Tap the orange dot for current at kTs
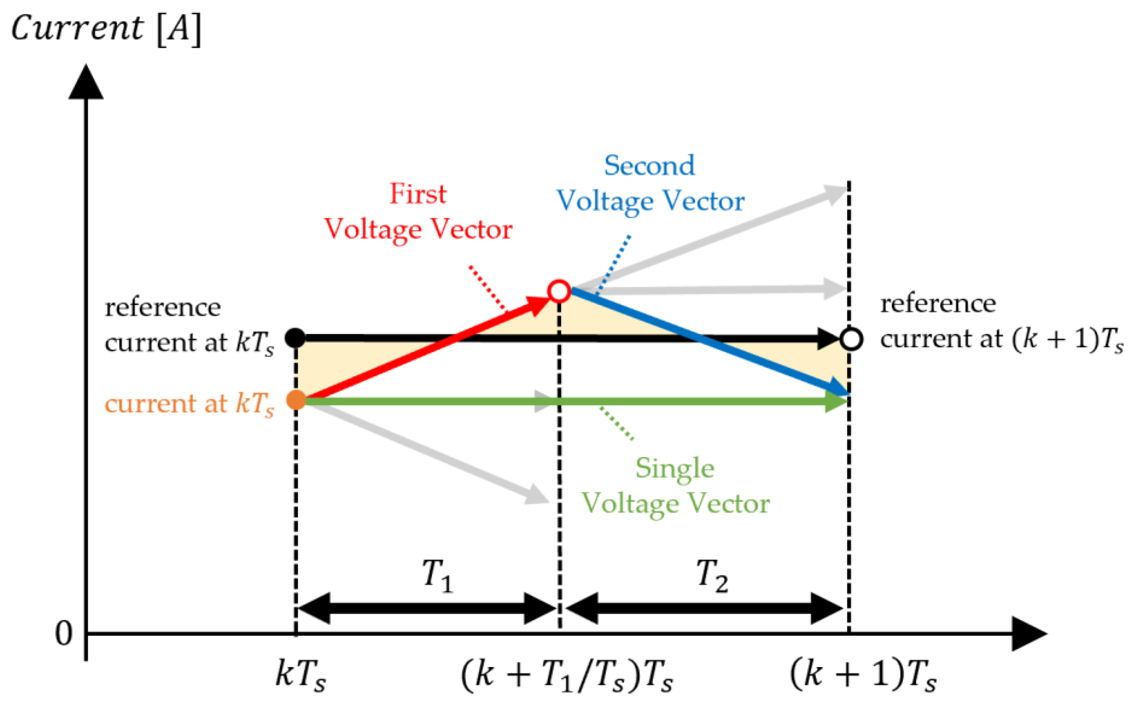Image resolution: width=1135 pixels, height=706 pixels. click(296, 400)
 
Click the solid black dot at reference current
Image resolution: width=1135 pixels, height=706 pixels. click(295, 337)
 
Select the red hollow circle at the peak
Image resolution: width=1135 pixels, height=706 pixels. click(559, 291)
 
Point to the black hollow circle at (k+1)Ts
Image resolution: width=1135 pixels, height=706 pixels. click(852, 339)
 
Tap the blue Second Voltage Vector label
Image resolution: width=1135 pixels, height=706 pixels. click(651, 183)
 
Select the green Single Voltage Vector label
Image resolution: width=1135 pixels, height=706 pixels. click(675, 486)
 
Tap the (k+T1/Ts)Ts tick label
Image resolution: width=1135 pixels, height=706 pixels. click(567, 676)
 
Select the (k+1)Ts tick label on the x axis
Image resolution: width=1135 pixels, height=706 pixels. click(863, 676)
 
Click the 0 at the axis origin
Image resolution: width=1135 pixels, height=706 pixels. click(64, 634)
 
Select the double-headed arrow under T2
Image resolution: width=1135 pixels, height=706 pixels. click(705, 608)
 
